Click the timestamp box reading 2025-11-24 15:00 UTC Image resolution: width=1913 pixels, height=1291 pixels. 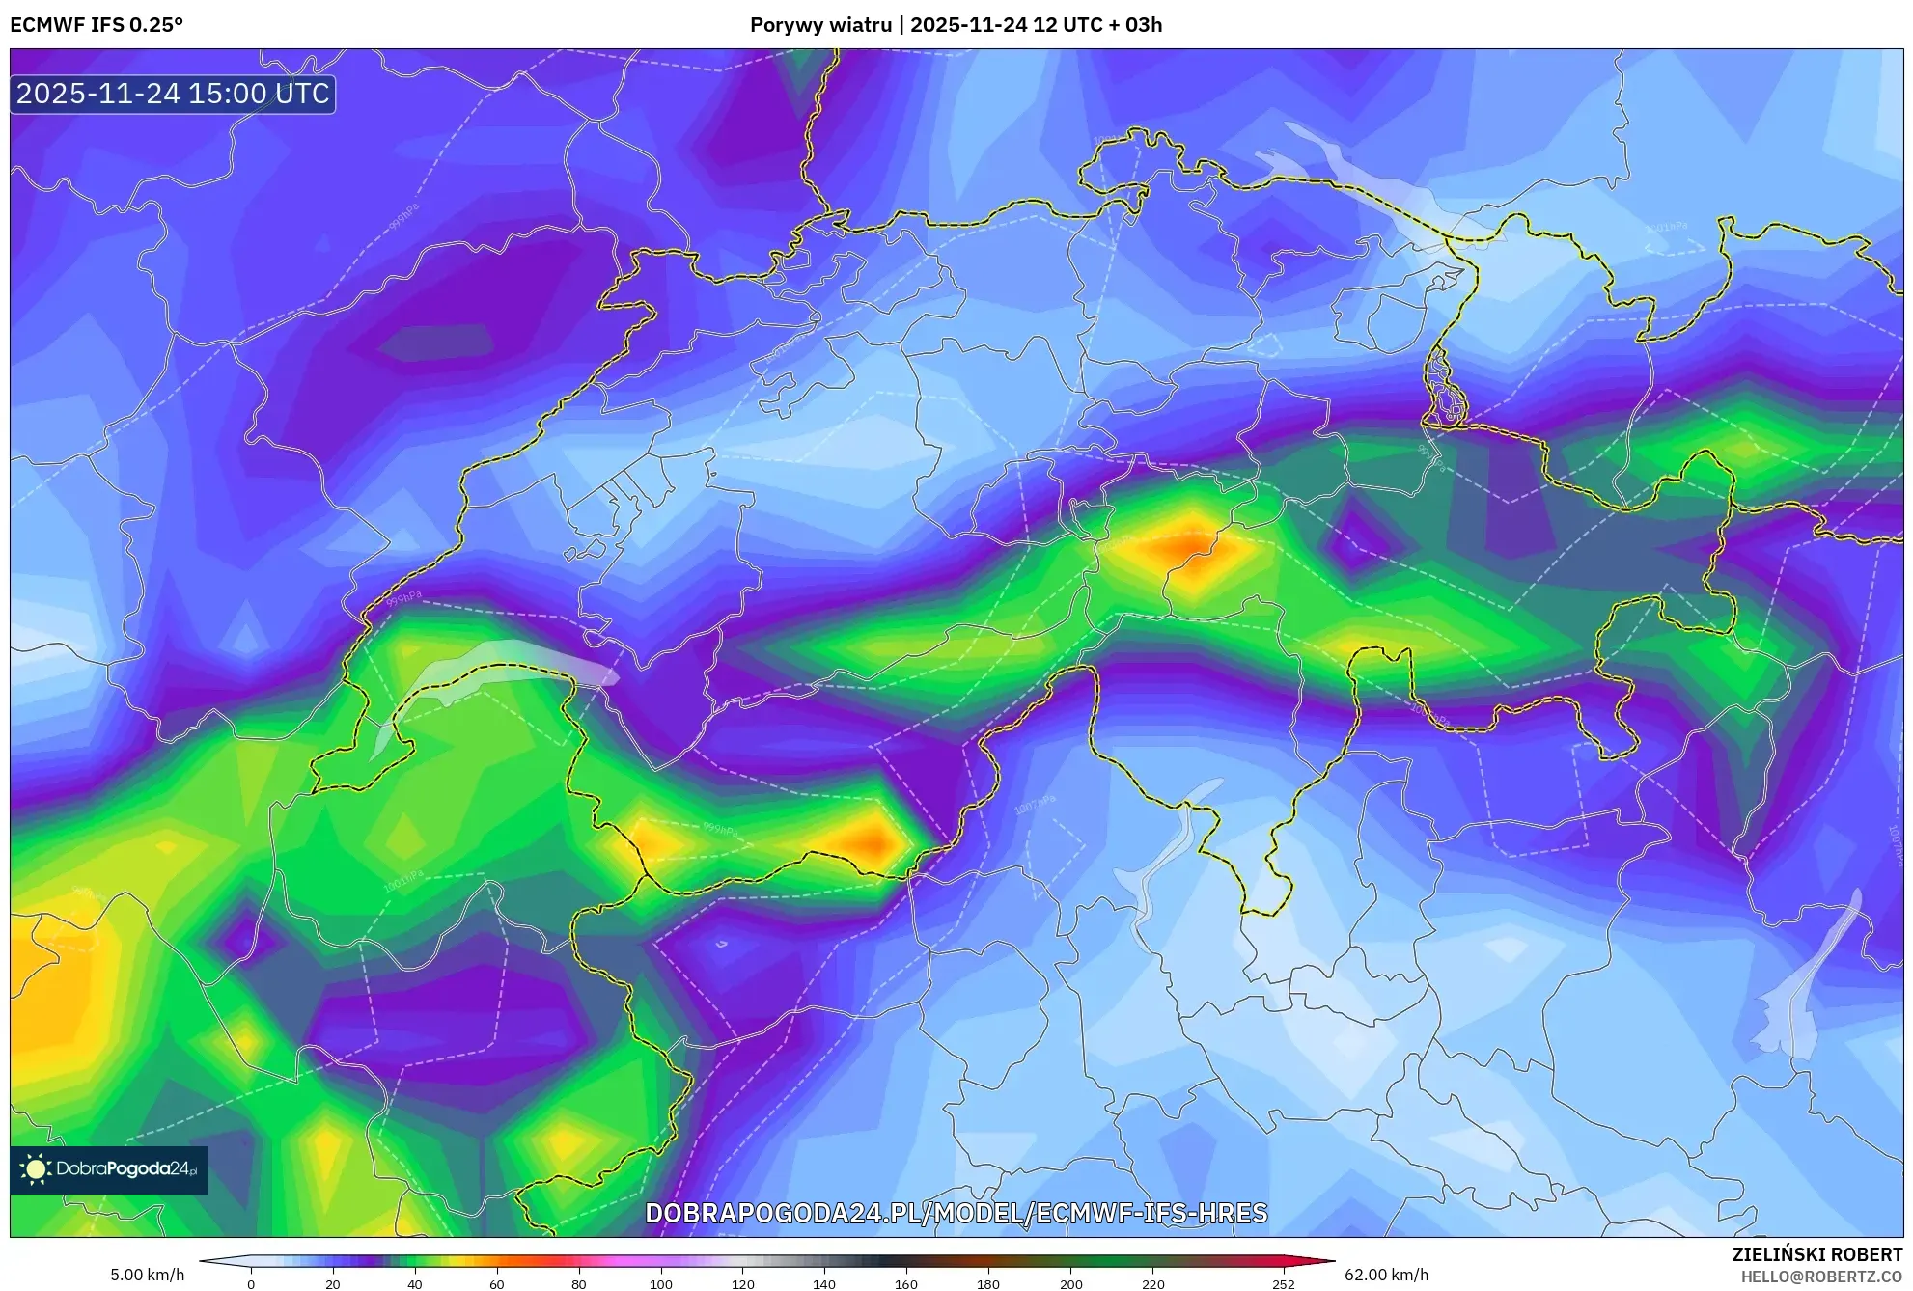(x=173, y=94)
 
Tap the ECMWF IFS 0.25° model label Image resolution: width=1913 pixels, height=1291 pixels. (x=97, y=25)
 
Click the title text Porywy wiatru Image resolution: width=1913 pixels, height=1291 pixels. (x=820, y=25)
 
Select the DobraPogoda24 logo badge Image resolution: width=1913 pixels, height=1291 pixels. (x=109, y=1169)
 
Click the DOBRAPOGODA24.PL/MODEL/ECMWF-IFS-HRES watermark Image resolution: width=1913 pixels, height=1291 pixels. (x=956, y=1214)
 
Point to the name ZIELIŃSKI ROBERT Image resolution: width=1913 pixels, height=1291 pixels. (x=1817, y=1254)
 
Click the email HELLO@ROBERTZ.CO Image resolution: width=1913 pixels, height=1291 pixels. (x=1821, y=1277)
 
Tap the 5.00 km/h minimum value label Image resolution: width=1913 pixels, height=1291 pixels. (x=147, y=1275)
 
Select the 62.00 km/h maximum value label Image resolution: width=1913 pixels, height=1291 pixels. (x=1386, y=1275)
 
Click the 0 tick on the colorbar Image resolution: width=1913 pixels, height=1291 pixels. (x=251, y=1284)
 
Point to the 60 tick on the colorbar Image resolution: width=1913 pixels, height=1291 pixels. (x=497, y=1284)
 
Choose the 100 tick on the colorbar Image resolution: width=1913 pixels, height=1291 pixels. (x=661, y=1284)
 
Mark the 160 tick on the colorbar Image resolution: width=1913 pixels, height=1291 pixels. (x=906, y=1284)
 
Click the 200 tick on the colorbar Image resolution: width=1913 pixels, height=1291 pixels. (x=1070, y=1284)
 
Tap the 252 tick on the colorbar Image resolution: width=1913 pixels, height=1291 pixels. (x=1284, y=1284)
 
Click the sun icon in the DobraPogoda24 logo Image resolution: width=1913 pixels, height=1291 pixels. (x=36, y=1169)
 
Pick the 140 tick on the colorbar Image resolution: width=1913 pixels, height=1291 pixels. (x=824, y=1284)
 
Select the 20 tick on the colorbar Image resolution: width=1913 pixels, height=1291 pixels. (x=333, y=1284)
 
